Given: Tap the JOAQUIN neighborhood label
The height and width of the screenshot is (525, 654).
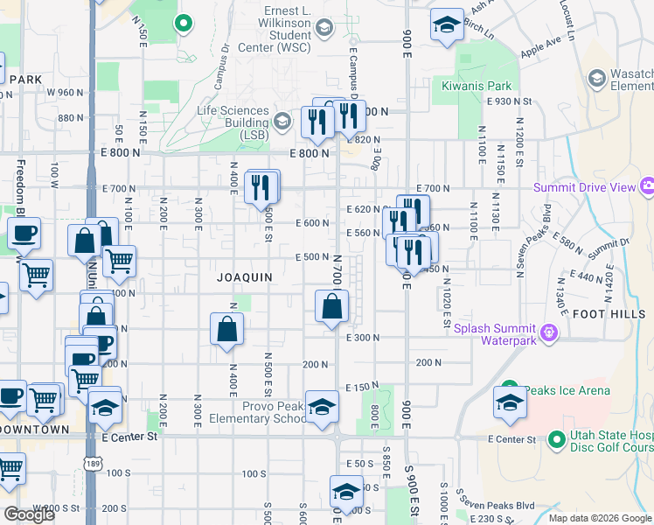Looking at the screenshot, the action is [x=245, y=277].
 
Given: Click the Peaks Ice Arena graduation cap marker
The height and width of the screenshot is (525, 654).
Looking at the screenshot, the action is [x=509, y=402].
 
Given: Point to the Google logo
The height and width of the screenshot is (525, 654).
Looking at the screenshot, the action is [x=29, y=514].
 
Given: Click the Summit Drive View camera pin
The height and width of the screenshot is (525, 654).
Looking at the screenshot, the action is [x=648, y=186].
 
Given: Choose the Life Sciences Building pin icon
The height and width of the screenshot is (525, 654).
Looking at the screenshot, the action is [x=282, y=122].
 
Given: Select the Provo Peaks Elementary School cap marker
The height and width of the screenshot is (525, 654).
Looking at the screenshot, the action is [x=322, y=407].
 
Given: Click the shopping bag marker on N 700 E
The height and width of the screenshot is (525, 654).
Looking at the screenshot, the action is [x=331, y=307].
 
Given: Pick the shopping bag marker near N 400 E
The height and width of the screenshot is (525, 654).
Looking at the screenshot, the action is [x=226, y=329].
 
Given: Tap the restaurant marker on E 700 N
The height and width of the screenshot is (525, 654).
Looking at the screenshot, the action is [x=261, y=187].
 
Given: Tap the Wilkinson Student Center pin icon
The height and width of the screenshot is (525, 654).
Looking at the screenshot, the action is [x=324, y=29].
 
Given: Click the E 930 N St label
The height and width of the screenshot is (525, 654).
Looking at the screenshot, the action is [x=511, y=101].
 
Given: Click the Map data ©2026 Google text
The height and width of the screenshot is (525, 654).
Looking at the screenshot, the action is [x=599, y=518].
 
